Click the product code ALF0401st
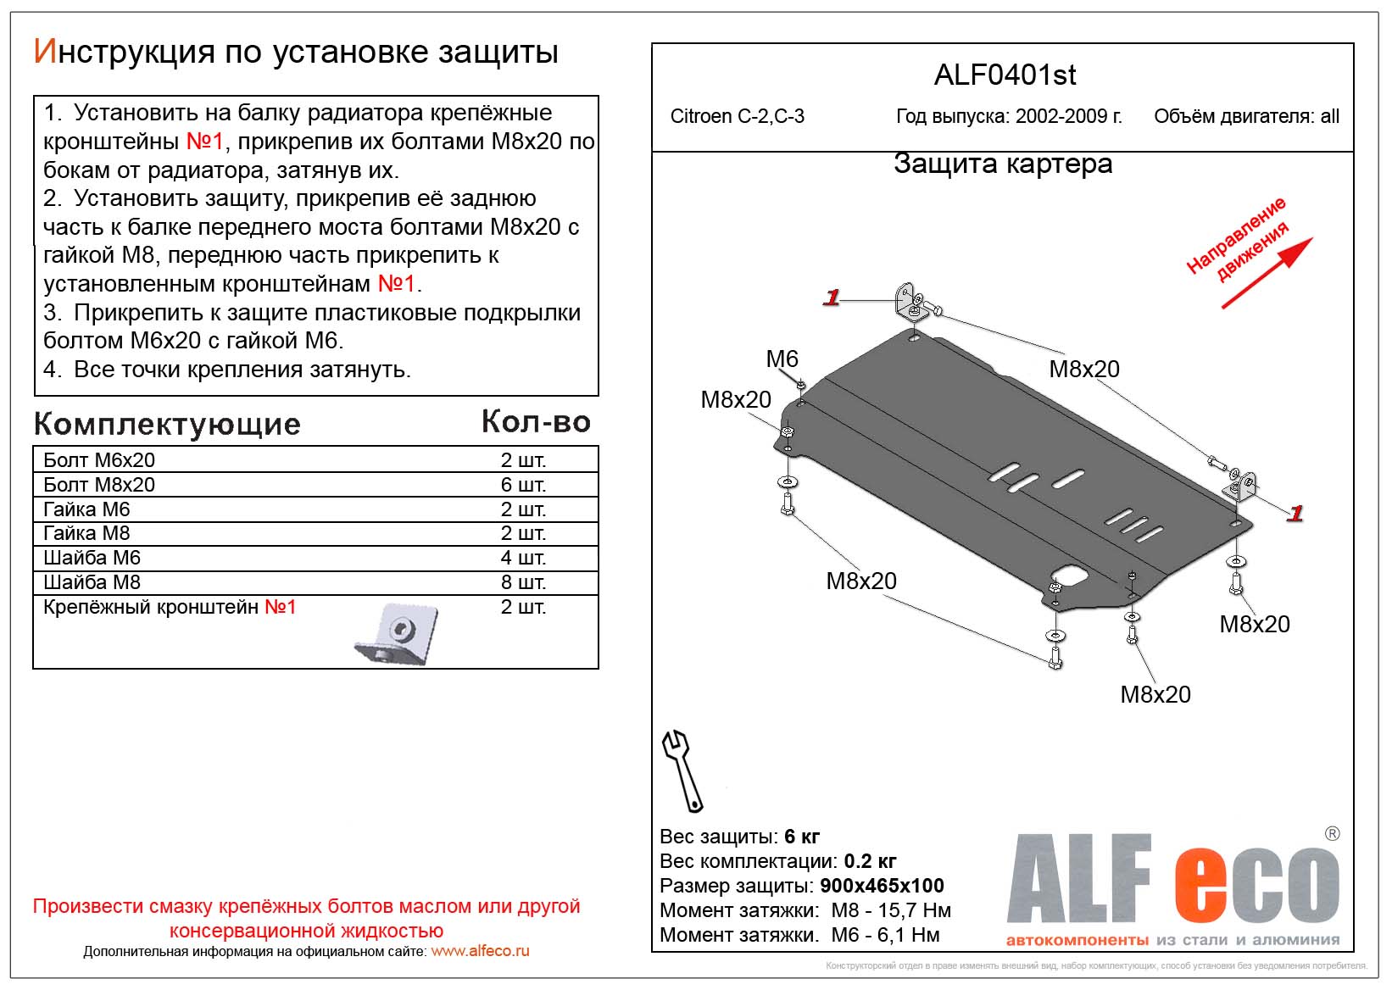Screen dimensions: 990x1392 tap(1005, 75)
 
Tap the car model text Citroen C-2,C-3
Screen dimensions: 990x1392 tap(737, 117)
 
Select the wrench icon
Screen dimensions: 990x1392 tap(682, 770)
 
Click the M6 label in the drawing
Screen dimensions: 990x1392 tap(782, 359)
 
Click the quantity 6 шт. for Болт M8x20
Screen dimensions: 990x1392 tap(523, 485)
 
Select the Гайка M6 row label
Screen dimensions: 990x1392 tap(86, 509)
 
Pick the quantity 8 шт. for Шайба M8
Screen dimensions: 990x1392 tap(523, 582)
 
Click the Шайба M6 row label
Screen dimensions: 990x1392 tap(92, 558)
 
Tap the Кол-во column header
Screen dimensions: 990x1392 tap(536, 422)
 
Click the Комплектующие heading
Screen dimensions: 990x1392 tap(167, 424)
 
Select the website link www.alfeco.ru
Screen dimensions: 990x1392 tap(480, 951)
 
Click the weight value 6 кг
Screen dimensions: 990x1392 tap(801, 837)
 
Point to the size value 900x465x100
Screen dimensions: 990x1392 tap(882, 886)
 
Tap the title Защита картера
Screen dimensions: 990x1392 tap(1003, 164)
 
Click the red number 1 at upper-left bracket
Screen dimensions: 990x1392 tap(831, 298)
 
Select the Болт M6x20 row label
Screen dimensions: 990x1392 tap(99, 460)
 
